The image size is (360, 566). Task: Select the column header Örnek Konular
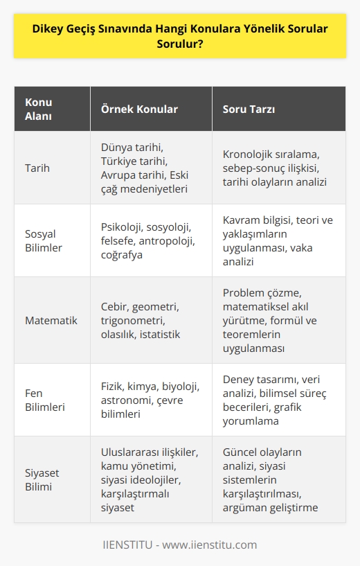tap(141, 109)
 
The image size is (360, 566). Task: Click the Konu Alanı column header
tap(39, 109)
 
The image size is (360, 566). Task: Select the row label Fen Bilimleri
tap(45, 400)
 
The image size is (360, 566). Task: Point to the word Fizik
tap(114, 385)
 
